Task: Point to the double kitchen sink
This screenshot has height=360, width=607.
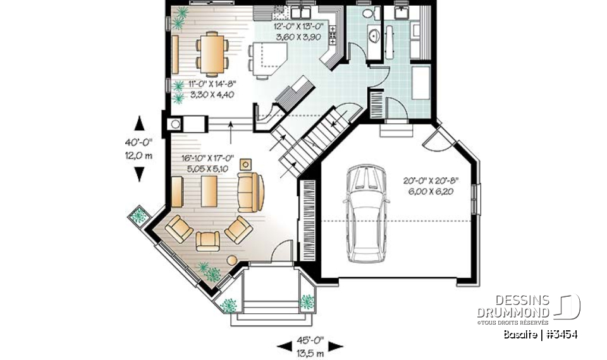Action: (x=298, y=13)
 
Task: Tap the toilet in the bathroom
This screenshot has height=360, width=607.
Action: (x=367, y=13)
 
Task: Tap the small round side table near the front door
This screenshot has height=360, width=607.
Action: (x=232, y=259)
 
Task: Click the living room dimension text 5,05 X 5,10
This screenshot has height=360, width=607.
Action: (x=207, y=168)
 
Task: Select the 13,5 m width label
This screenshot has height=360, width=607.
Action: (x=310, y=353)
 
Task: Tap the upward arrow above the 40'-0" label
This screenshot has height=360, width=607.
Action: (x=139, y=123)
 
